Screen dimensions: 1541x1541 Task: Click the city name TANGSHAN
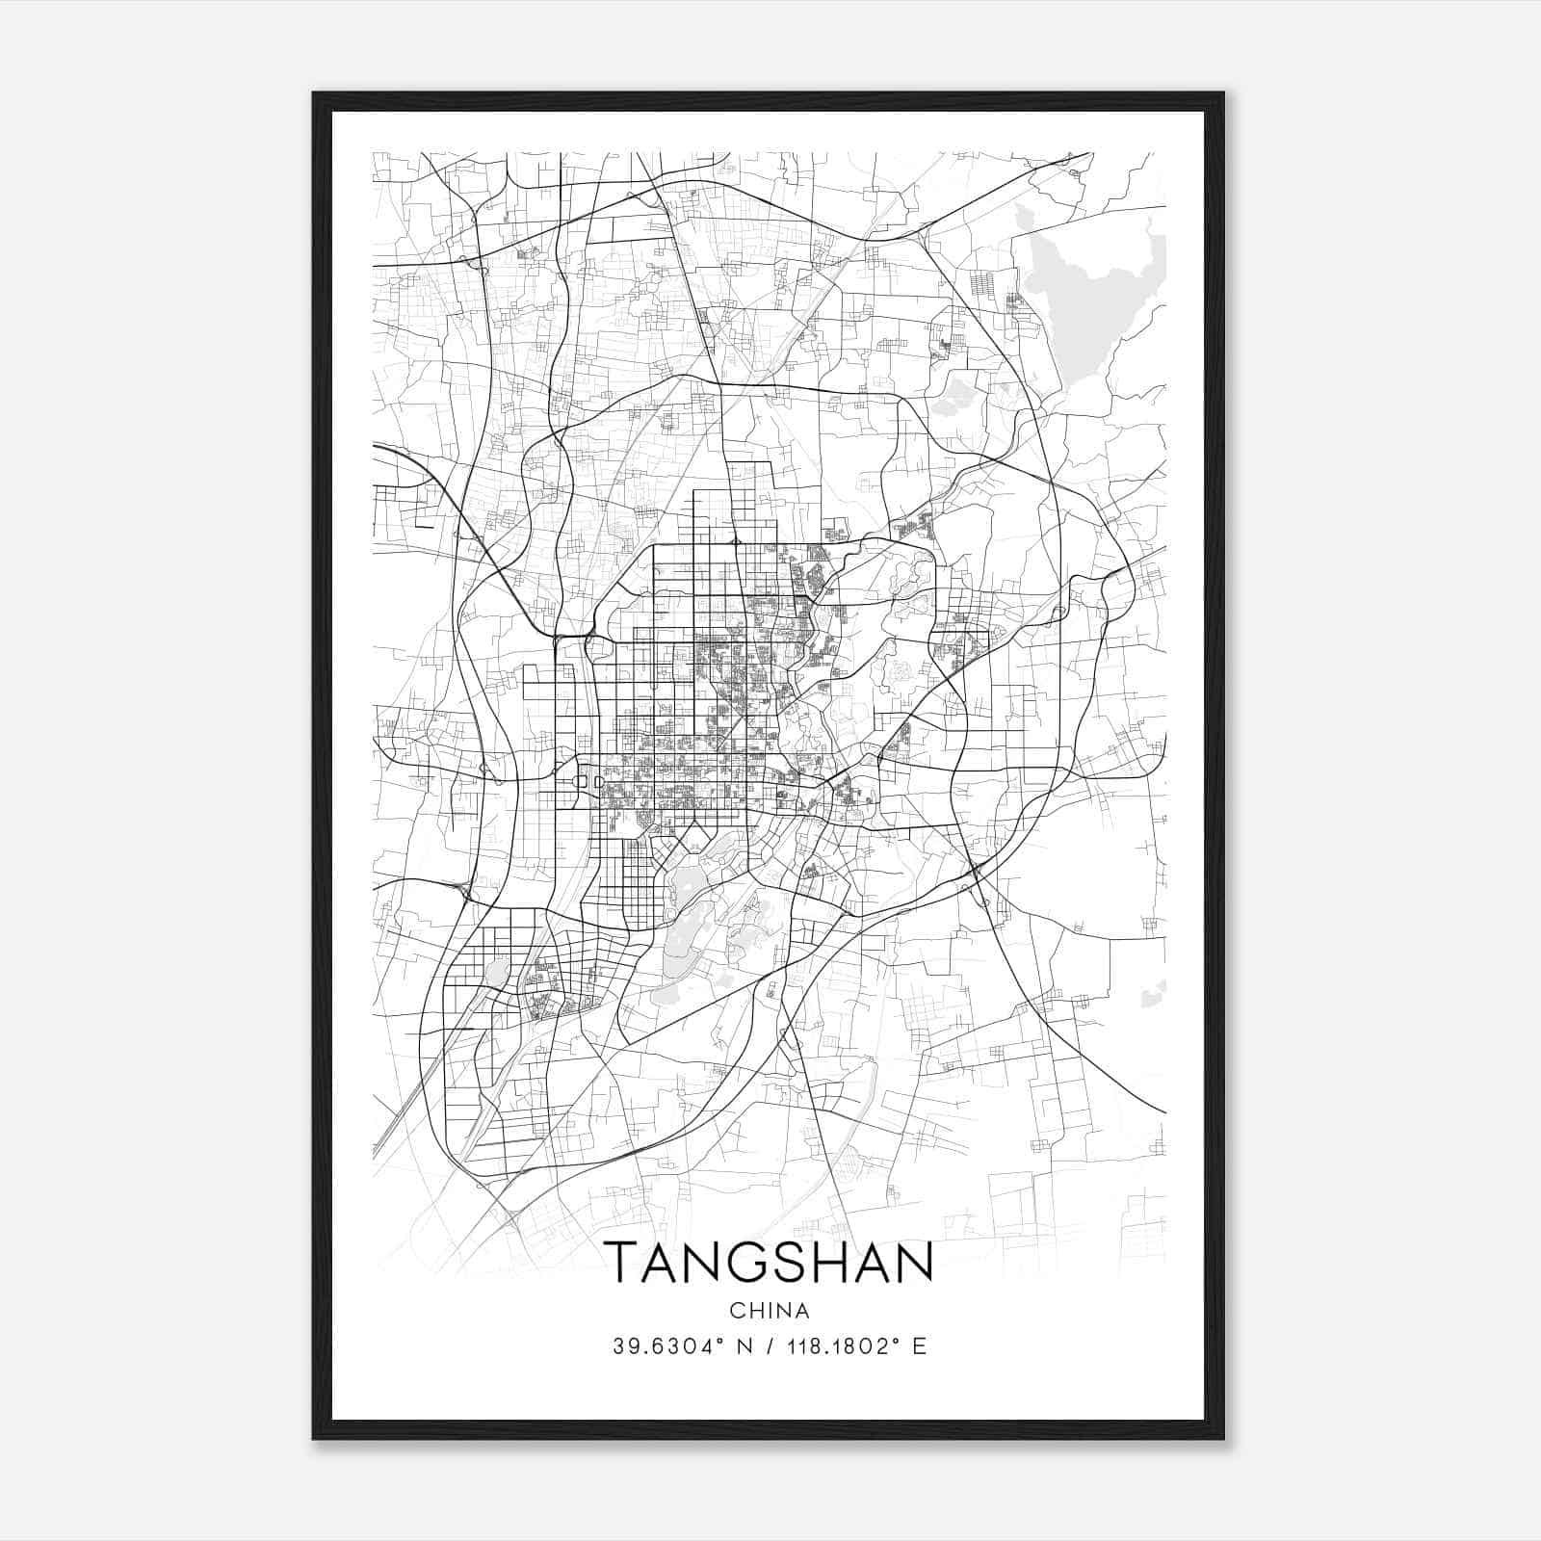pyautogui.click(x=769, y=1262)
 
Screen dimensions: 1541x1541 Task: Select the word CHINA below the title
pyautogui.click(x=769, y=1310)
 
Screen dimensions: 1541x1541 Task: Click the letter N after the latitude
pyautogui.click(x=743, y=1346)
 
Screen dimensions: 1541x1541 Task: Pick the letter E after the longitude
pyautogui.click(x=919, y=1346)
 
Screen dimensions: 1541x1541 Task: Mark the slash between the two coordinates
pyautogui.click(x=767, y=1346)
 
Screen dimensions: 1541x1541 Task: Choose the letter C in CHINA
pyautogui.click(x=737, y=1310)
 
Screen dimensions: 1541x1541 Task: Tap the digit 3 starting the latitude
pyautogui.click(x=618, y=1346)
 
